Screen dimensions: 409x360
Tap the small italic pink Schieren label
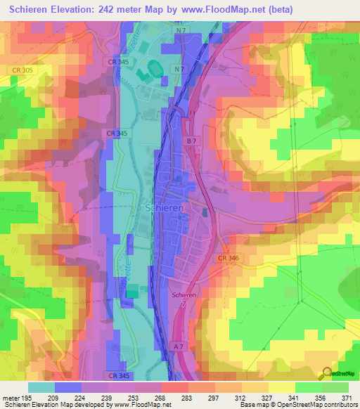tap(184, 296)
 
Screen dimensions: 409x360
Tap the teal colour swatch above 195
tap(41, 387)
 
